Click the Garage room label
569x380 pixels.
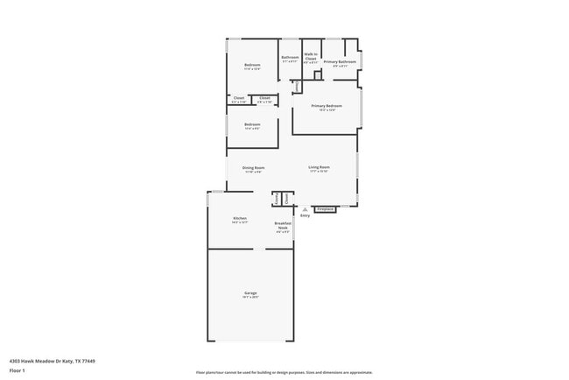[x=250, y=292]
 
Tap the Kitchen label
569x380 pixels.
[x=240, y=218]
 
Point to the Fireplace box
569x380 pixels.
[x=325, y=209]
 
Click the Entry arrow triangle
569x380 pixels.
[x=305, y=209]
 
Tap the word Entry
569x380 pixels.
[x=305, y=215]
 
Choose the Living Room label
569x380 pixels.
[x=319, y=167]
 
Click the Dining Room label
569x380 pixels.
[x=254, y=167]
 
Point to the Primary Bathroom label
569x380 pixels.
[x=339, y=62]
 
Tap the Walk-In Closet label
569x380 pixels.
[x=311, y=56]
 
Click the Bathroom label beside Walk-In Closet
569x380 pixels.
[x=290, y=58]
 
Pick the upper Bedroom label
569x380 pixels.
[x=253, y=66]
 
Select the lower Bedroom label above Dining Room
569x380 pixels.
[x=252, y=124]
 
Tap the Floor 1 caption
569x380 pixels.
[x=18, y=370]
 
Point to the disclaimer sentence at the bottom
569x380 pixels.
[x=284, y=372]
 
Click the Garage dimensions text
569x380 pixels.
[x=250, y=298]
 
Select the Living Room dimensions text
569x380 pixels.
[x=319, y=172]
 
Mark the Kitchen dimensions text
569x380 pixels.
[x=240, y=222]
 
